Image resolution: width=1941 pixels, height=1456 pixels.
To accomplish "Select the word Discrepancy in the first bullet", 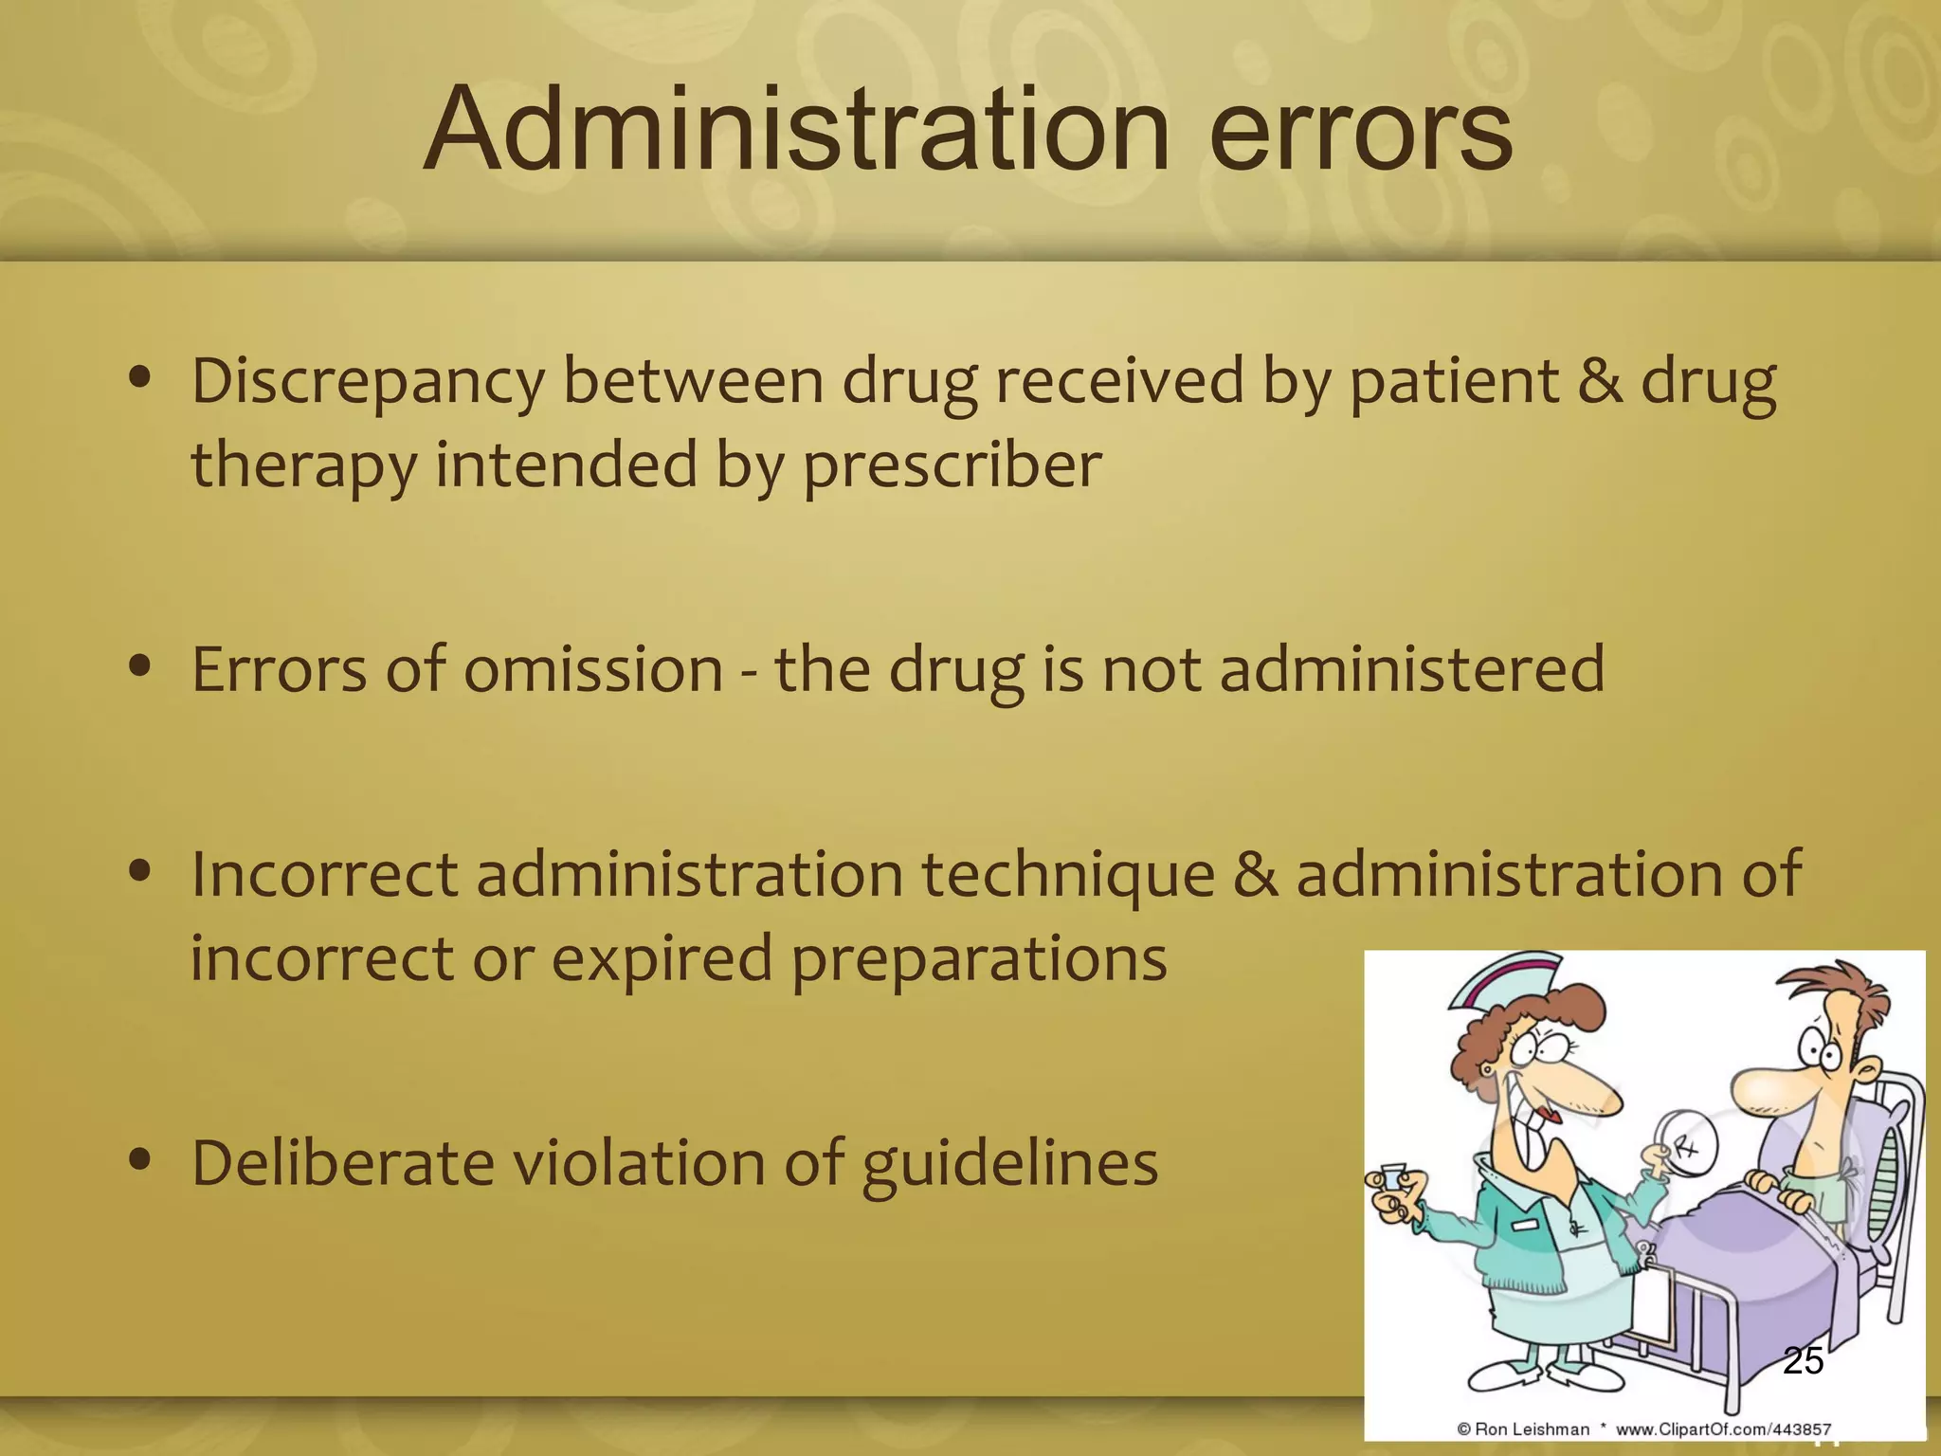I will click(367, 382).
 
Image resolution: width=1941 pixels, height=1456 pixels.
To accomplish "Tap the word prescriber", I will click(952, 466).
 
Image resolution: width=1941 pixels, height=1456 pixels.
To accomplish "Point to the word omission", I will click(593, 669).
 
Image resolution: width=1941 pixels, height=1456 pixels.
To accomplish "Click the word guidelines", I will click(1010, 1164).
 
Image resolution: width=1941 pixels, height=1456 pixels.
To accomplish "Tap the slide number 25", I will click(1803, 1361).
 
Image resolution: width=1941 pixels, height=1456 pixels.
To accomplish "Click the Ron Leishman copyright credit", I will click(1522, 1429).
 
